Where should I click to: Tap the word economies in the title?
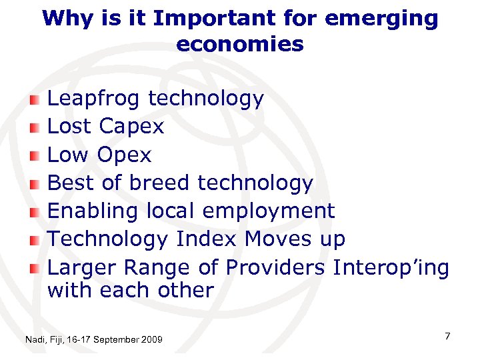tap(240, 44)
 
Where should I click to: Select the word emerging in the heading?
tap(382, 19)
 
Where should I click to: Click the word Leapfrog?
tap(93, 100)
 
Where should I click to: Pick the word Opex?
tap(124, 155)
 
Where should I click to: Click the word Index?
tap(207, 239)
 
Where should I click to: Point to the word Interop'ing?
tap(391, 268)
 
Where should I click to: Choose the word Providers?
tap(276, 267)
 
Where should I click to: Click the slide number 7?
tap(448, 337)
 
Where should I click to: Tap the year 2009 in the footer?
tap(151, 340)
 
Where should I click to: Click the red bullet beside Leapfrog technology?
tap(35, 100)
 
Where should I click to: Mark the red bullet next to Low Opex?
tap(35, 155)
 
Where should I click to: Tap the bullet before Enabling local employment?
tap(35, 211)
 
